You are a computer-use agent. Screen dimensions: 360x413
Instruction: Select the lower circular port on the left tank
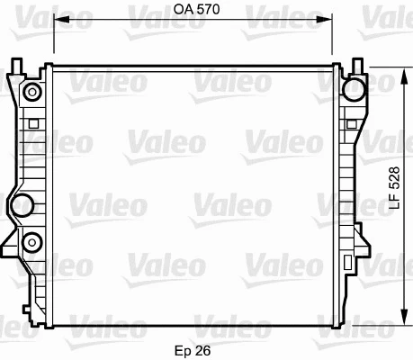pos(33,241)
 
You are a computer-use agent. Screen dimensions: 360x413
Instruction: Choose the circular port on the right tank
pos(355,88)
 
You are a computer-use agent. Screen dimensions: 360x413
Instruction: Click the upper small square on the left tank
pos(33,123)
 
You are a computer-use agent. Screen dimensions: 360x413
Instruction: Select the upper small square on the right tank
pos(350,123)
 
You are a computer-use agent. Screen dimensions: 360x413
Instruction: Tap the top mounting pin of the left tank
pos(16,65)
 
